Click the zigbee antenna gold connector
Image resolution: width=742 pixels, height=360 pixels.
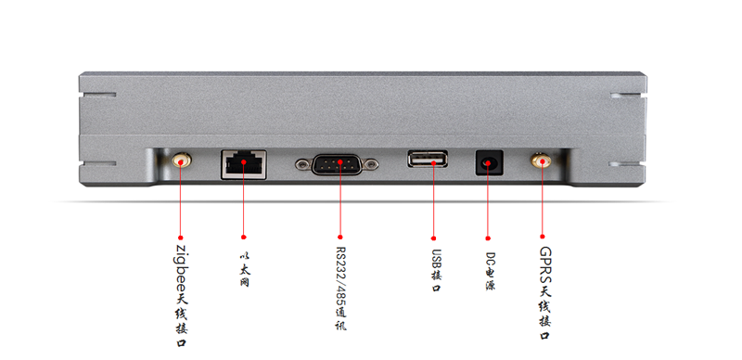point(180,161)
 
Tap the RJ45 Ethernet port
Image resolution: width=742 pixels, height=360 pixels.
point(244,164)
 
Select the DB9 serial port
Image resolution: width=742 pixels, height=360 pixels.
point(337,164)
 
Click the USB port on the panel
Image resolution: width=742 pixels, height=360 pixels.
point(428,159)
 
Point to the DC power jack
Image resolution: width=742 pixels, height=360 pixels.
point(489,162)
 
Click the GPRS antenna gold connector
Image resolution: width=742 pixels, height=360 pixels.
point(541,161)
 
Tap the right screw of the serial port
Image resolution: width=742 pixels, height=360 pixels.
point(373,164)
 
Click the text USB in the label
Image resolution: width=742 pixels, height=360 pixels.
point(436,259)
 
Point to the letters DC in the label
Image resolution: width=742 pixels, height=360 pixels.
point(491,260)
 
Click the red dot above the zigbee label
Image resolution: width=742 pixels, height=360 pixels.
point(180,238)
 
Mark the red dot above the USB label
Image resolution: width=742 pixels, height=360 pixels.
point(433,238)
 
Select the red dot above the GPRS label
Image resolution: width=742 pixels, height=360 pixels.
point(543,237)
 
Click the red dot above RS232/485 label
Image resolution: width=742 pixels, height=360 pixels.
point(340,237)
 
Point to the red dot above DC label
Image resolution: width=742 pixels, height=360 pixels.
point(488,238)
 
